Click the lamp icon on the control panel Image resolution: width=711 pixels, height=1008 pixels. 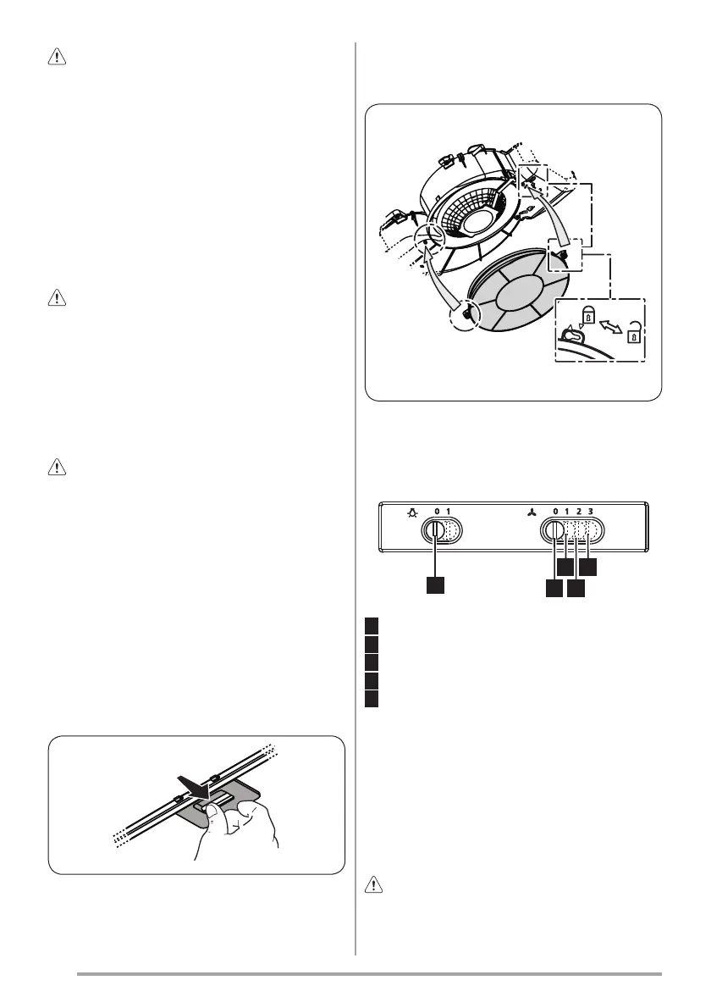point(411,513)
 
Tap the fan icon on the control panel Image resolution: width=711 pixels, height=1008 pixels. point(532,513)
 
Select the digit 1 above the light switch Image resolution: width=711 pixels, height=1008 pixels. point(449,512)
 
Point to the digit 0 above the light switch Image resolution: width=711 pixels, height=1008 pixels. point(437,512)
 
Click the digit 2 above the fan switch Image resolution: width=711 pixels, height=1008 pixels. point(579,512)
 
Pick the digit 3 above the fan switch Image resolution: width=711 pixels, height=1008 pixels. point(590,512)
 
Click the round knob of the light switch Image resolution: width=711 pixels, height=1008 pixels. point(433,531)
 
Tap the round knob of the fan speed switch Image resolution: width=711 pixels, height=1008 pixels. point(553,531)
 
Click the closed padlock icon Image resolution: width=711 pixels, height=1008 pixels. point(588,316)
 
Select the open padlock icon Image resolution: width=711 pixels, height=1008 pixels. point(633,331)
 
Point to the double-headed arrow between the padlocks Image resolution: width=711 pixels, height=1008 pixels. point(611,324)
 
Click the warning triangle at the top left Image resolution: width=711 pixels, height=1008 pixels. point(58,58)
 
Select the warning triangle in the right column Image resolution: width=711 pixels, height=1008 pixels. point(373,885)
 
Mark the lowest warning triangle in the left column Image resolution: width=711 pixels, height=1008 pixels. point(58,468)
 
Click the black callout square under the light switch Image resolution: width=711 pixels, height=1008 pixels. point(435,585)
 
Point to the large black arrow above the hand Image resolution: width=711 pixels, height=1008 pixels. point(195,785)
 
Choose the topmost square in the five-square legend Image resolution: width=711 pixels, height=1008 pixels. point(372,625)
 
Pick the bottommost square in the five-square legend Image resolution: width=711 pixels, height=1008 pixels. point(372,699)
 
